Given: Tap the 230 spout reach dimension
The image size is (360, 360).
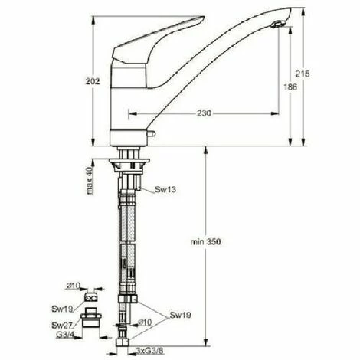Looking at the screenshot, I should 202,113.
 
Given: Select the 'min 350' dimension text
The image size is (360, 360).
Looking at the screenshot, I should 206,242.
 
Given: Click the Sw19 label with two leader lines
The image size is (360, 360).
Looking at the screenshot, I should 180,315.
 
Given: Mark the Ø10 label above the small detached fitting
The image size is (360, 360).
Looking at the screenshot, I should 74,286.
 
